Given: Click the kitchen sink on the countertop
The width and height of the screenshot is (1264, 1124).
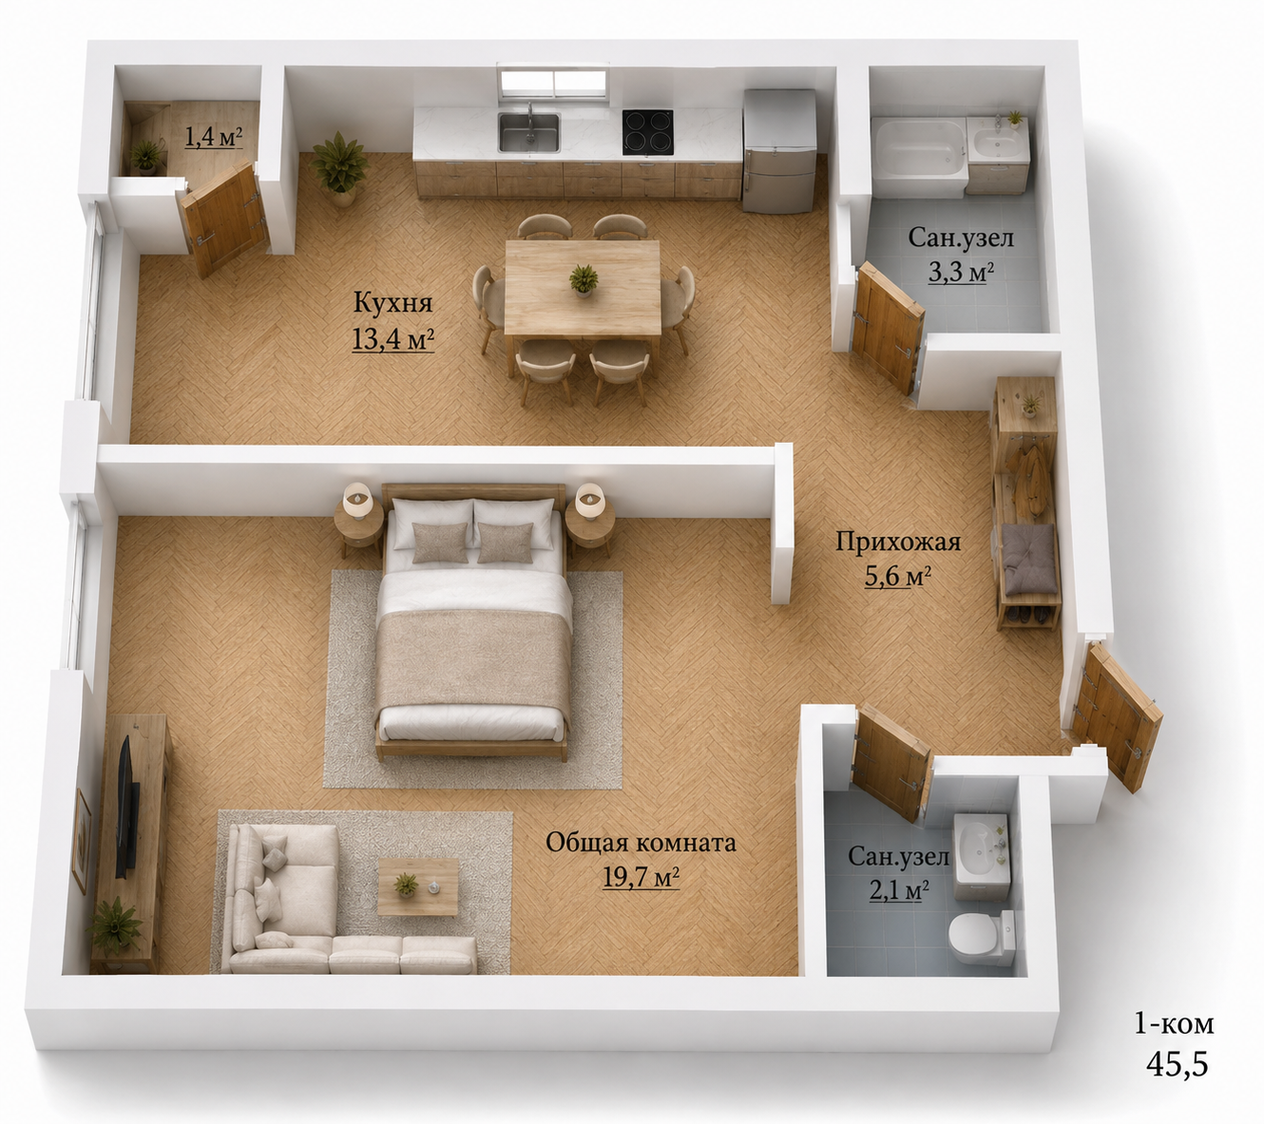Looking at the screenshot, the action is click(528, 131).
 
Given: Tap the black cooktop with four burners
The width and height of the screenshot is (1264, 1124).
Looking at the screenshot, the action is click(647, 132).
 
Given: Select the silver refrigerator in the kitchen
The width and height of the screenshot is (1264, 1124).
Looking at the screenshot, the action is click(780, 151).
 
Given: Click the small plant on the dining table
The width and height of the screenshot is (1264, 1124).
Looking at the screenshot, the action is click(584, 280).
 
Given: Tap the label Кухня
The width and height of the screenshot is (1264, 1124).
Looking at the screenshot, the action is click(393, 303).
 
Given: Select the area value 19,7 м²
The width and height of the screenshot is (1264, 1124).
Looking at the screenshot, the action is click(641, 878).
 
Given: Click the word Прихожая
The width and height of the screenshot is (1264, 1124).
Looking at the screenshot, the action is click(898, 542).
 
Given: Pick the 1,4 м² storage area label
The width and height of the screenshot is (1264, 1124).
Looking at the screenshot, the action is click(214, 137).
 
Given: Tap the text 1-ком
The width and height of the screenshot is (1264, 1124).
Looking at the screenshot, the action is click(1174, 1024).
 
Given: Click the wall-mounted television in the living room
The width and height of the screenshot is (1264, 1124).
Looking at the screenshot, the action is click(126, 808).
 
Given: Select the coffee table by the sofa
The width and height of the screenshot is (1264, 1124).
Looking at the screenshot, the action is click(417, 886).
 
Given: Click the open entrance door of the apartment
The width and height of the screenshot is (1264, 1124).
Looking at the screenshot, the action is click(1118, 717).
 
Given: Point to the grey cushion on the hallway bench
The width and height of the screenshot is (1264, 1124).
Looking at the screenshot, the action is click(1029, 559).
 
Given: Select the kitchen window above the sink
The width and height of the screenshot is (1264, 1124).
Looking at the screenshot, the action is click(553, 83).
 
